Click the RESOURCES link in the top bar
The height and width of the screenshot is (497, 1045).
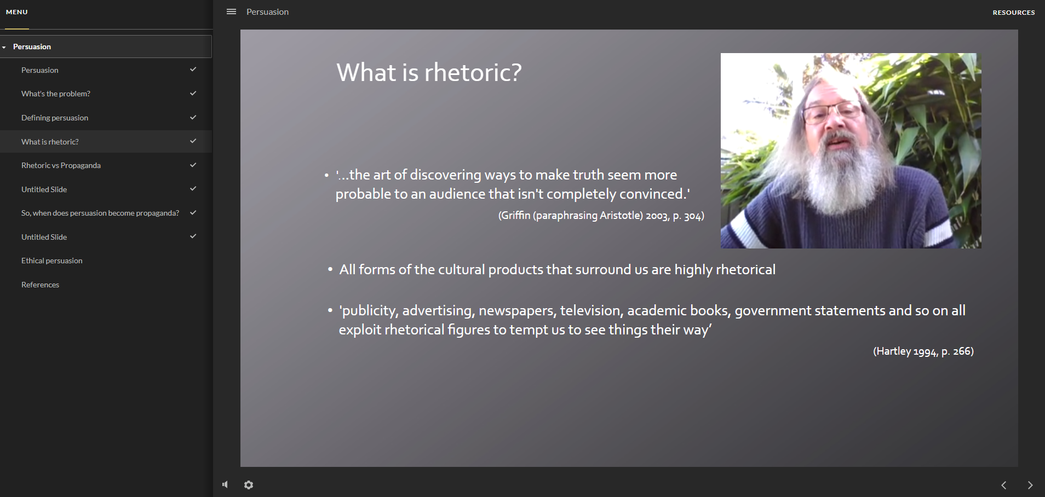coord(1013,12)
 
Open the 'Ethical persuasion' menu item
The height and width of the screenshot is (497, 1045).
coord(52,261)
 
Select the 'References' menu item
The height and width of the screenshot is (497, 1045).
coord(40,285)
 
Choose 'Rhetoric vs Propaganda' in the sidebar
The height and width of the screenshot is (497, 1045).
coord(61,165)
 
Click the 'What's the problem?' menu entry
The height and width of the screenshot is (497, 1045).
coord(56,94)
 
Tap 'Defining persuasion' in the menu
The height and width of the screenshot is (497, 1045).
coord(55,118)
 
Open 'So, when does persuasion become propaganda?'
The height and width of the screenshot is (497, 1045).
coord(100,213)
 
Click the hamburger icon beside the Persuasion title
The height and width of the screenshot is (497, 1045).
coord(231,11)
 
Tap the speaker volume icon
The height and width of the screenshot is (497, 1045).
coord(225,484)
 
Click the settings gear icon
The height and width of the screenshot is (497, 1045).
coord(249,485)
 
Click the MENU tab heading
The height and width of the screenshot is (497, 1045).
coord(17,12)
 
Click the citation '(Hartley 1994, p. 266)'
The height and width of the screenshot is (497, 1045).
coord(923,351)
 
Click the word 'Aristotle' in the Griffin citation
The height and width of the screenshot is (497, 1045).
coord(621,216)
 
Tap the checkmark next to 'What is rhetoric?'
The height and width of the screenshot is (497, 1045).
coord(193,141)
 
